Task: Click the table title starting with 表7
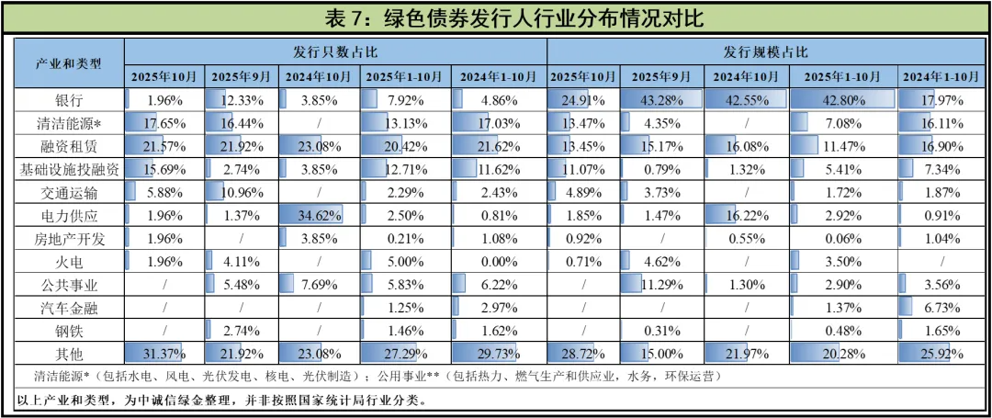coord(496,18)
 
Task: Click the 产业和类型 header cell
coord(69,63)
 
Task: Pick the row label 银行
coord(69,99)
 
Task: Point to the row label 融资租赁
coord(69,146)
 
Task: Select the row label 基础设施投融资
coord(69,169)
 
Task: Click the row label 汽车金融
coord(69,307)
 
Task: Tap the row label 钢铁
coord(69,330)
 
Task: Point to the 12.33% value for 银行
coord(242,99)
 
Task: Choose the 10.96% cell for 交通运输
coord(242,192)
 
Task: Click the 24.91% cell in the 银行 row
coord(583,99)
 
